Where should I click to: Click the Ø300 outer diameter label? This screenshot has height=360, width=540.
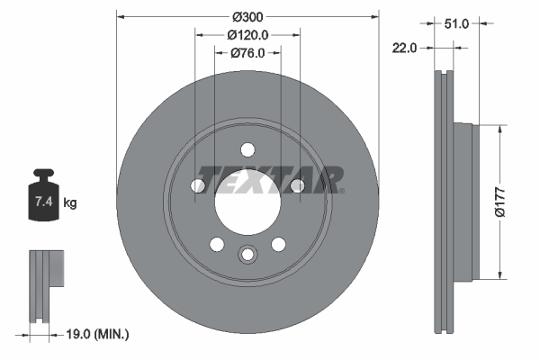click(x=247, y=16)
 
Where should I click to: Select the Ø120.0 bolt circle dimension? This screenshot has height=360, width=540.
click(x=247, y=35)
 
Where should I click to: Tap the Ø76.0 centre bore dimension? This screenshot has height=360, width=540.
click(x=247, y=53)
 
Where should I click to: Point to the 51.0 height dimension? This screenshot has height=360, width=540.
click(x=457, y=24)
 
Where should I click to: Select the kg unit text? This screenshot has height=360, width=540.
click(x=70, y=203)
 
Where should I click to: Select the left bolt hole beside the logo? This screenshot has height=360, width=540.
click(x=199, y=185)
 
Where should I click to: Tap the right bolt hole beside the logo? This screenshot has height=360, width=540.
click(x=296, y=185)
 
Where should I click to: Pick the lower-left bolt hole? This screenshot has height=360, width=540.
click(x=217, y=243)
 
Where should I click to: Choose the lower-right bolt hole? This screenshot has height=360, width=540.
click(x=278, y=243)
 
